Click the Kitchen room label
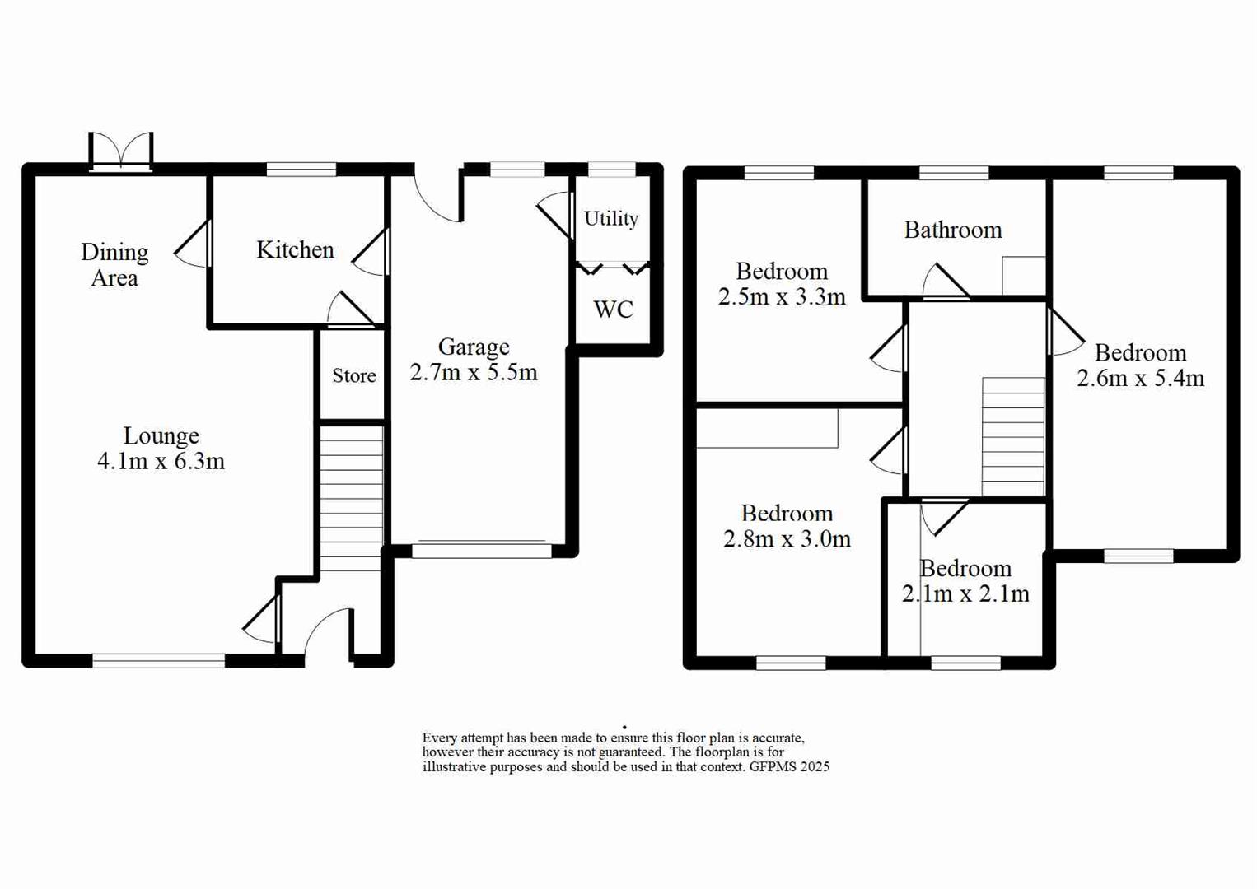(x=295, y=249)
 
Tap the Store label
(x=354, y=376)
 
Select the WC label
(x=613, y=310)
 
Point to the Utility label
(x=611, y=218)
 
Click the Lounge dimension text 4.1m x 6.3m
(x=161, y=461)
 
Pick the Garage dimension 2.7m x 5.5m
(x=474, y=372)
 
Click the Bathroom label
(x=953, y=230)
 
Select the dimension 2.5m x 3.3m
(x=782, y=296)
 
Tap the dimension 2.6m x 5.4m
(x=1141, y=378)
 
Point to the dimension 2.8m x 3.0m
(x=787, y=539)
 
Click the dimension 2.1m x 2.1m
(x=965, y=593)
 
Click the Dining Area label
(x=114, y=264)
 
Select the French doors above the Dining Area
(x=121, y=153)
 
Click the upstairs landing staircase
(x=1013, y=436)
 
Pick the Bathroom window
(x=954, y=172)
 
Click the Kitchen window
(x=301, y=170)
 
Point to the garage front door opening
(x=482, y=549)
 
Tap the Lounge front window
(x=158, y=660)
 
